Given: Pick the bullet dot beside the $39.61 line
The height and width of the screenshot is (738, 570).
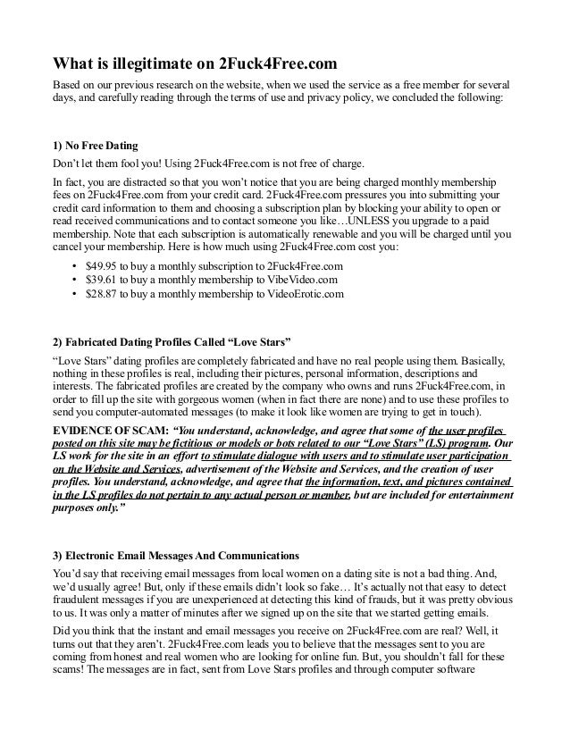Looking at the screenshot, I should pyautogui.click(x=72, y=279).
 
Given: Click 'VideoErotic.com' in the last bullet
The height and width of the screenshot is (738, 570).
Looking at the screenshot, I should pyautogui.click(x=305, y=292).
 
